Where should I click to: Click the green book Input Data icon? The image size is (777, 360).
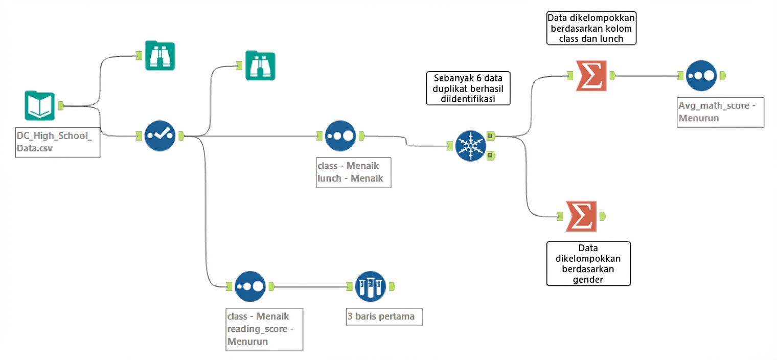pos(40,106)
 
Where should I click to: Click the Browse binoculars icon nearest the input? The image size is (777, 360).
pos(159,55)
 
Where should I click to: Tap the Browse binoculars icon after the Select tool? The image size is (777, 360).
pos(260,65)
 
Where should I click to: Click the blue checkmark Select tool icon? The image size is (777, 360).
pos(160,136)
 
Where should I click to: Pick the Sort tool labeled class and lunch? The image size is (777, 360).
pos(340,136)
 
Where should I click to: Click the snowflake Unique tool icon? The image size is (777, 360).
pos(470,146)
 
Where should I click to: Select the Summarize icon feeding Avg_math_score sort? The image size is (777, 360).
pos(591,76)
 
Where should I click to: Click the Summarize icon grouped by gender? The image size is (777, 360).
pos(581,216)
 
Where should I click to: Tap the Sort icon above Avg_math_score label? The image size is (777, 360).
pos(701,76)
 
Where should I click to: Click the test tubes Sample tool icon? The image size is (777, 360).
pos(370,286)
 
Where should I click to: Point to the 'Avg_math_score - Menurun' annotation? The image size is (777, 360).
pos(720,112)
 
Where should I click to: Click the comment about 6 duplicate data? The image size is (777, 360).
pos(468,88)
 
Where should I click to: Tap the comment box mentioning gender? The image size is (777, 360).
pos(588,263)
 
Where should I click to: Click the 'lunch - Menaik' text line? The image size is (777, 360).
pos(350,178)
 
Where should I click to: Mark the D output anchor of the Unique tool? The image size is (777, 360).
pos(490,155)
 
